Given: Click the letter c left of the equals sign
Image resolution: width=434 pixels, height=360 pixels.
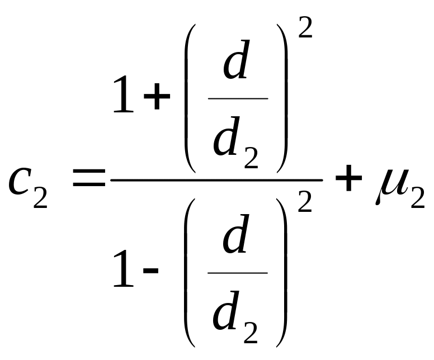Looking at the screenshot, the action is tap(18, 182).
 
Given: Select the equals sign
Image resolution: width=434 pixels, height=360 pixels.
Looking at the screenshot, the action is tap(89, 177).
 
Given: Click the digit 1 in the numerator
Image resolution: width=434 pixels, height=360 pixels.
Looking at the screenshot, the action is tap(124, 94).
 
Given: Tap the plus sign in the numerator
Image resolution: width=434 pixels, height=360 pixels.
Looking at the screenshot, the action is tap(157, 96).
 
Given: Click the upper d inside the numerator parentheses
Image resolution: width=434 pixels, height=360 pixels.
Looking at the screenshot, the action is tap(236, 59).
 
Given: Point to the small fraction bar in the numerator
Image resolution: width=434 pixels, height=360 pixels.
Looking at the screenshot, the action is tap(238, 98).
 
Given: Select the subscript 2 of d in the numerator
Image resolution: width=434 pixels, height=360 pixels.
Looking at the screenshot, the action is tap(251, 157).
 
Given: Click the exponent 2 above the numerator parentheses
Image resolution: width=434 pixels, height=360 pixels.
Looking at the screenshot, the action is tap(305, 27).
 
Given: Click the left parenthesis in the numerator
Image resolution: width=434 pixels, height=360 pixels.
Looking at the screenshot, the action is tap(190, 98).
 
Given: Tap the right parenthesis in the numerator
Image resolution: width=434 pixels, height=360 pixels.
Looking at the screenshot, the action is tap(282, 98).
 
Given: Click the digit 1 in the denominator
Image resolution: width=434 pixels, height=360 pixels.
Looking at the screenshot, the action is tap(124, 268).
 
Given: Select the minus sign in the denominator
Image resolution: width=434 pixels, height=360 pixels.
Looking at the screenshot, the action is tap(151, 271).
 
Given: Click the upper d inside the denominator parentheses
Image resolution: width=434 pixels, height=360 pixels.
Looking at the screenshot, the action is tap(235, 234).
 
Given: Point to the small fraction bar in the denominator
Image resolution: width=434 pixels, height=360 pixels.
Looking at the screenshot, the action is tap(238, 273).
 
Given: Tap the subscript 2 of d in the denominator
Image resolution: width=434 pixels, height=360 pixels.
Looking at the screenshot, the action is tap(251, 332).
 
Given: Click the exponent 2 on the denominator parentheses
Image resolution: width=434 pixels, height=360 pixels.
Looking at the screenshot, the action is tap(305, 202).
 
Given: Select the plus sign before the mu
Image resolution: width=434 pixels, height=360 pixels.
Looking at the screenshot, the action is tap(349, 178).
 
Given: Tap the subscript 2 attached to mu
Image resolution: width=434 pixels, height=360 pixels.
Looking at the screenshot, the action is tap(418, 197).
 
